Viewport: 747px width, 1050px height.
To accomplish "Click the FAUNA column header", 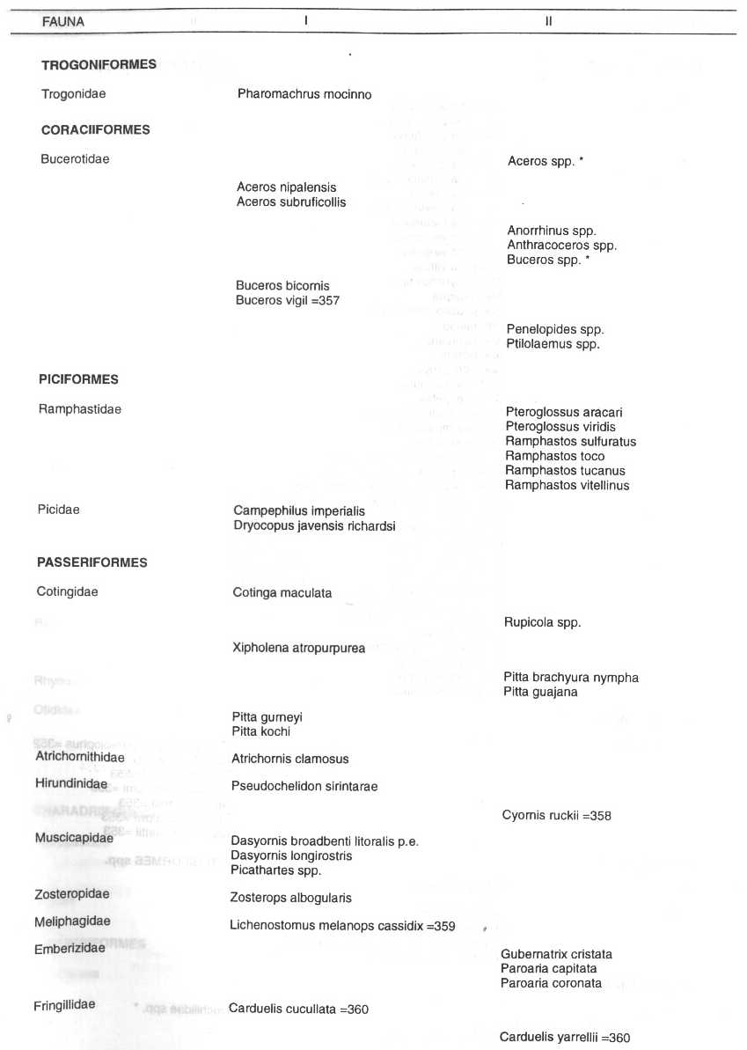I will pos(63,22).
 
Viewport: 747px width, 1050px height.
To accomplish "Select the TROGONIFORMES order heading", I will pos(99,64).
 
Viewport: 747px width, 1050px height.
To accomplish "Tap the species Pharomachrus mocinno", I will pos(304,93).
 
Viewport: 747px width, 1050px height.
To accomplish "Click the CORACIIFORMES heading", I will pos(95,129).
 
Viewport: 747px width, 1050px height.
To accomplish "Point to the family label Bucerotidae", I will pos(75,159).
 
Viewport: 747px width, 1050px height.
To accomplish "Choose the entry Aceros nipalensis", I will pos(286,187).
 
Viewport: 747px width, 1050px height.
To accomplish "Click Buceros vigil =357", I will pos(288,300).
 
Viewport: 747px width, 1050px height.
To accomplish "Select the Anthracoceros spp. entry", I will pos(561,246).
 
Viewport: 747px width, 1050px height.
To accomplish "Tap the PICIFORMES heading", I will pos(77,379).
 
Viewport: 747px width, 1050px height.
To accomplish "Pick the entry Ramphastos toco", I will pos(555,456).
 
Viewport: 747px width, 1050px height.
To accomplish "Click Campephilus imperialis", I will pos(299,510).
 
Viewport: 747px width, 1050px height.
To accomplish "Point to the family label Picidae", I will pos(58,509).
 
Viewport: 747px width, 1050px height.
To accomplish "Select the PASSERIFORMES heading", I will pos(92,562).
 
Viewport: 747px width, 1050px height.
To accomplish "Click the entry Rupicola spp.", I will pos(542,622).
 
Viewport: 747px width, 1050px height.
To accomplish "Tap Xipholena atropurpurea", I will pos(298,649).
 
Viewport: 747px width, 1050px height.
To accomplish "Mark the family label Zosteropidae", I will pos(72,894).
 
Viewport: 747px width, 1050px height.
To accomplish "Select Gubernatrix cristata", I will pos(556,954).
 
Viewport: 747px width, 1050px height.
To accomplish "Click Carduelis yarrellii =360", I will pos(565,1038).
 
